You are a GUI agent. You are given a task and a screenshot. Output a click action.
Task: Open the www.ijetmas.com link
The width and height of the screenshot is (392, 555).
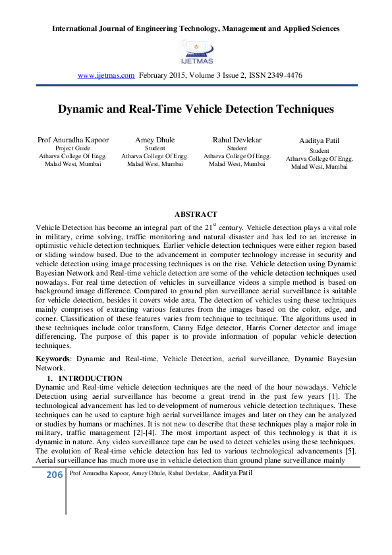[x=106, y=76]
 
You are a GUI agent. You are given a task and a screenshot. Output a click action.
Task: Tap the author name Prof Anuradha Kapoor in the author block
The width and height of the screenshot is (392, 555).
[x=72, y=140]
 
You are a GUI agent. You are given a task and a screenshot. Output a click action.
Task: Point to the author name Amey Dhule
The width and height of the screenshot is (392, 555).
[x=155, y=140]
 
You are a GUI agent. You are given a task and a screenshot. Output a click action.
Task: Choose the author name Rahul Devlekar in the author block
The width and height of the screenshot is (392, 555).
[x=237, y=140]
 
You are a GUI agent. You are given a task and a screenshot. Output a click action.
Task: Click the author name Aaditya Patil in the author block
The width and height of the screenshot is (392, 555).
[x=320, y=142]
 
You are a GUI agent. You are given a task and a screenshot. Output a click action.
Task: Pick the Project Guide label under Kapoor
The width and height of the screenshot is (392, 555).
[x=72, y=148]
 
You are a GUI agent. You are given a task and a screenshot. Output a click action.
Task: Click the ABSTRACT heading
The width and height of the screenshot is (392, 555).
[x=196, y=214]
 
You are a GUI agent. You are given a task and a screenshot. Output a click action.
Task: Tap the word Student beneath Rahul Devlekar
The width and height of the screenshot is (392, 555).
[x=237, y=148]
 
